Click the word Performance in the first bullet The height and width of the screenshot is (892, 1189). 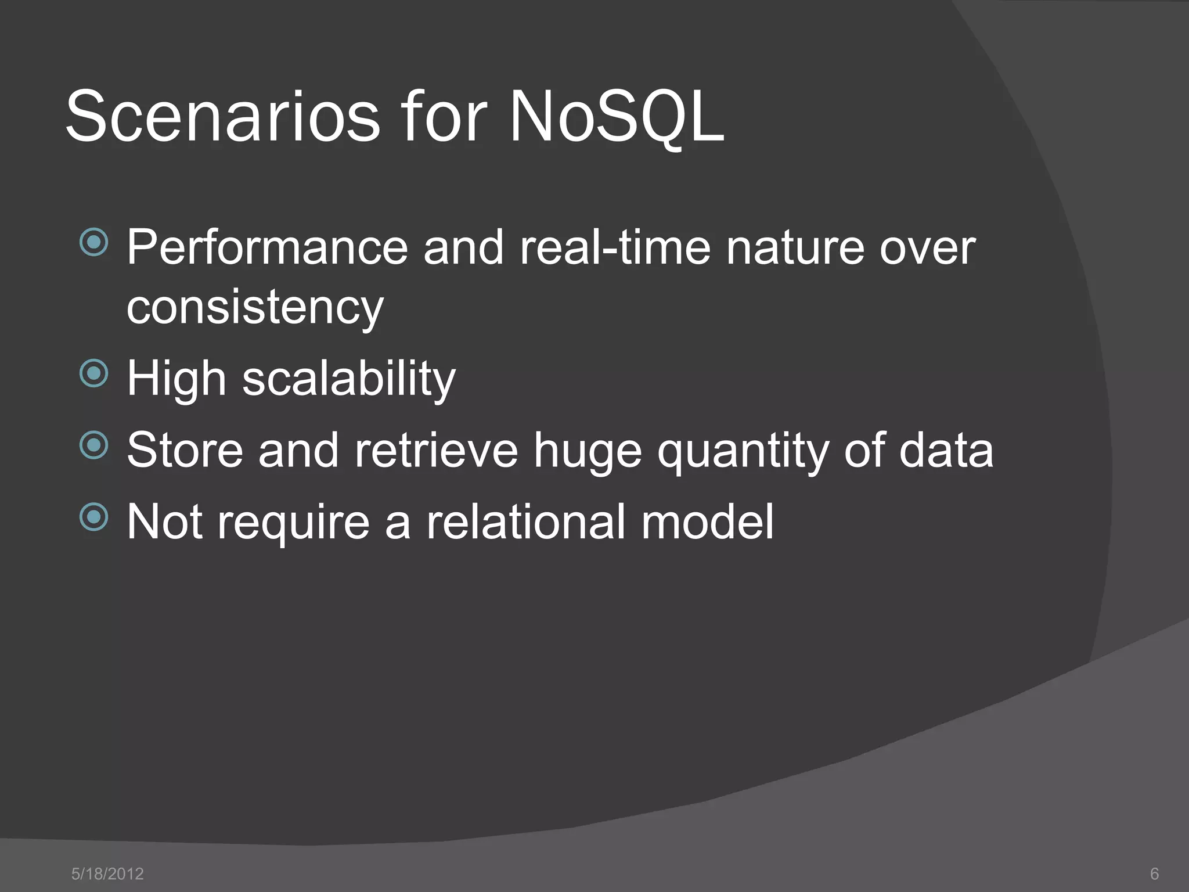pos(267,248)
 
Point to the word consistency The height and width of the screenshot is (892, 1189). pos(255,308)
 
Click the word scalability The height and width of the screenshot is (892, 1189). pos(348,379)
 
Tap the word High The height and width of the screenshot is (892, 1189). pos(176,379)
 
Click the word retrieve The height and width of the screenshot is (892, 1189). pos(436,450)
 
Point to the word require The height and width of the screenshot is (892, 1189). pos(293,521)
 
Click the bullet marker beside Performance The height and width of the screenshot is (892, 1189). pos(93,242)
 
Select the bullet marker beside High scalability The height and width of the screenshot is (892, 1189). pos(93,373)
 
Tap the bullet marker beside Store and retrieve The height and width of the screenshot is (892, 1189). pos(93,445)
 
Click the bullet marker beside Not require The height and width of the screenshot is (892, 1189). pos(93,517)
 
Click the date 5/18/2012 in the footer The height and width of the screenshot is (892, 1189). pos(107,873)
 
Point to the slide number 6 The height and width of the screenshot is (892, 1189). pos(1154,873)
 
